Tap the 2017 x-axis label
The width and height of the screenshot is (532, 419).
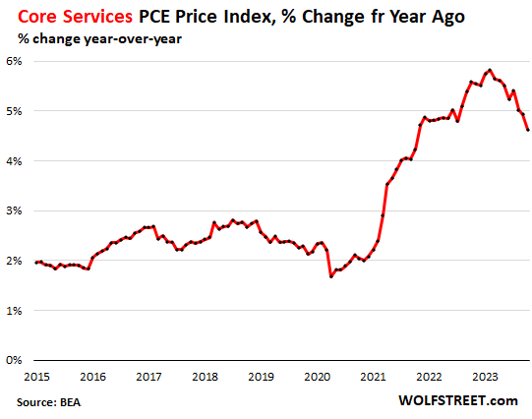click(x=148, y=377)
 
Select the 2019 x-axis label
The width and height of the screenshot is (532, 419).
click(x=261, y=377)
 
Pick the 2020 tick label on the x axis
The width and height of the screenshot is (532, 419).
click(x=317, y=377)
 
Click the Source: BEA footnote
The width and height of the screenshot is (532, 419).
click(x=49, y=402)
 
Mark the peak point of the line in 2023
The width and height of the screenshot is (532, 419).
click(x=489, y=70)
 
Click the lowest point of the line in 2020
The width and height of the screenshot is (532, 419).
click(x=331, y=276)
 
